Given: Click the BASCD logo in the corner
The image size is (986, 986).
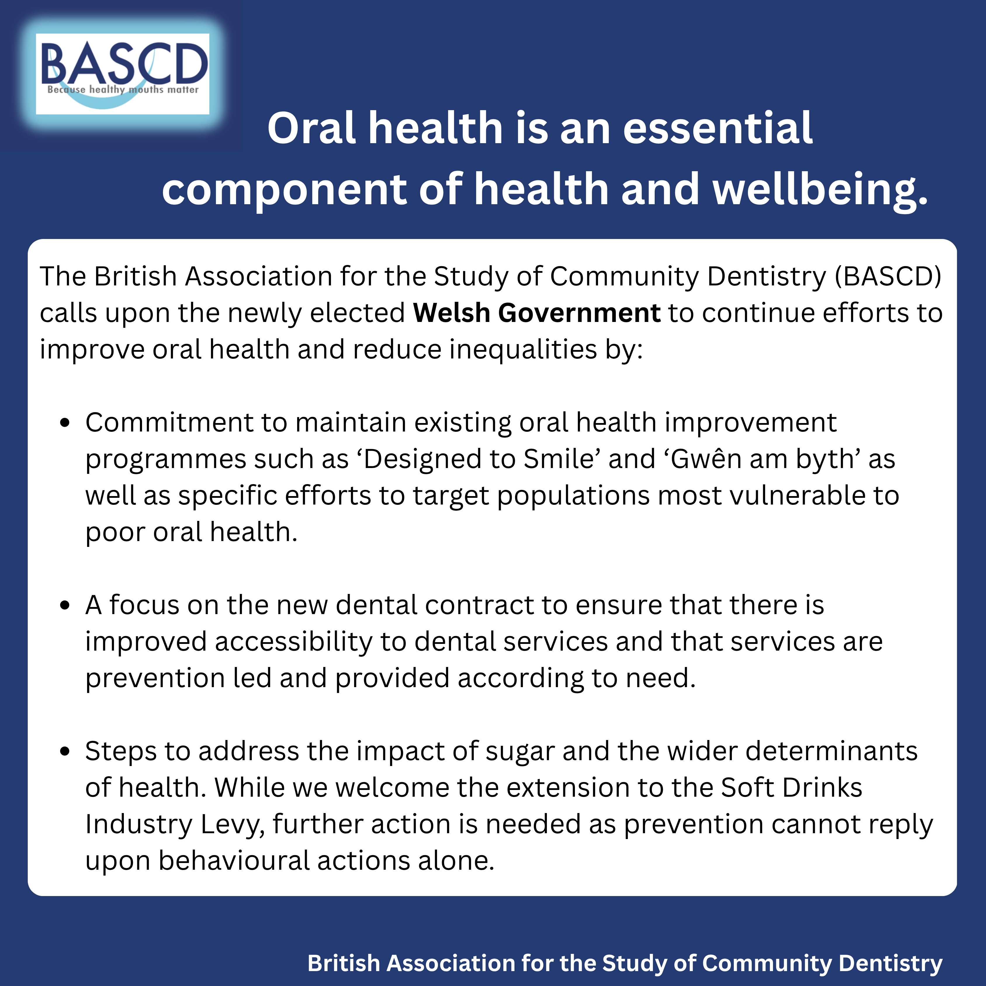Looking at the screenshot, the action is pos(122,74).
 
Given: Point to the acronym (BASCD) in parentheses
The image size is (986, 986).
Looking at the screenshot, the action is pos(888,277).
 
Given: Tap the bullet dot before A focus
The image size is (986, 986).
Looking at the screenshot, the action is pos(64,606).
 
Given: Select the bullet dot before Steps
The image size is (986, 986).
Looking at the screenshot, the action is pos(64,752).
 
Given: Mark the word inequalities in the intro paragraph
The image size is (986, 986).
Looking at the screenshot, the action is pos(523,350).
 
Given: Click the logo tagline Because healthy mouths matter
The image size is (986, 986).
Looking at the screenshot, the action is pos(123,90).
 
